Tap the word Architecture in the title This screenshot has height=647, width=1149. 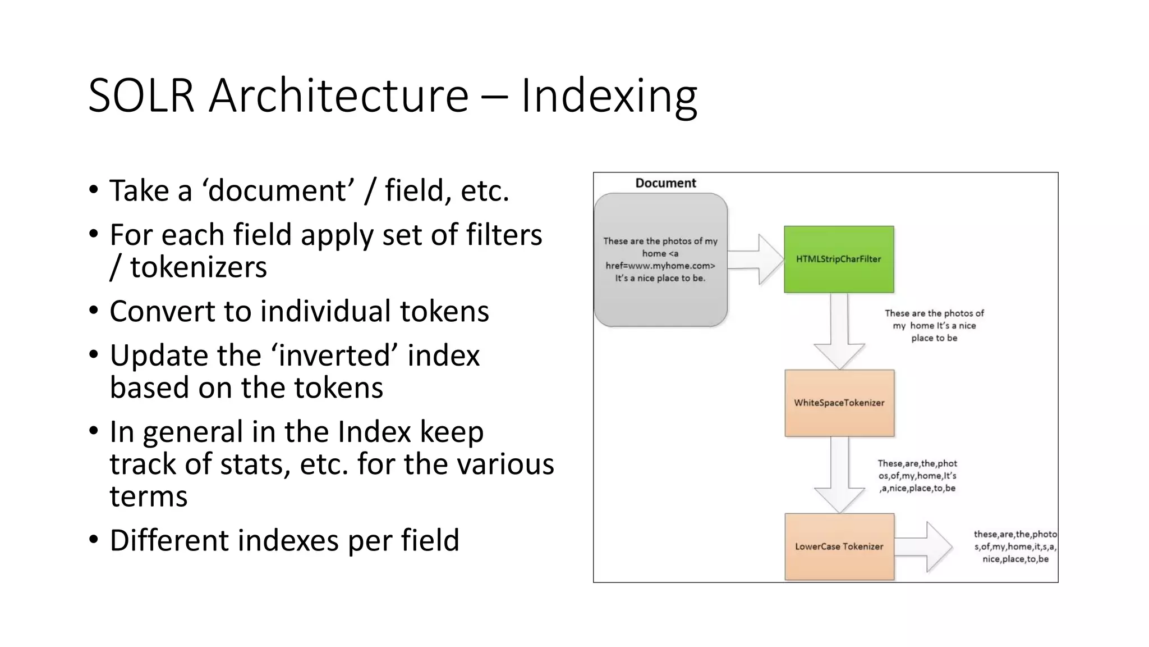338,95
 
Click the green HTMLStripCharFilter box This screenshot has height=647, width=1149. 839,259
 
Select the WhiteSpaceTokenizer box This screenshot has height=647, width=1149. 839,403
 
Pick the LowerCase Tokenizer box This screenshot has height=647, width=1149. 839,546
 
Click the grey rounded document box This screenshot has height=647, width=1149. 660,303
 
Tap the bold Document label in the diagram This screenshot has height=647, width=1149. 665,183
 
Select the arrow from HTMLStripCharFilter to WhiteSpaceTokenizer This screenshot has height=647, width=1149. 839,331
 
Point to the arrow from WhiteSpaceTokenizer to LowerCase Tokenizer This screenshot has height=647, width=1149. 839,475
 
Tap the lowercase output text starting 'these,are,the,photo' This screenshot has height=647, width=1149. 1015,546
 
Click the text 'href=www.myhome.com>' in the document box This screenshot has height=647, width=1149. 660,266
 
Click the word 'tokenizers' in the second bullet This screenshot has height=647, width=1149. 199,267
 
